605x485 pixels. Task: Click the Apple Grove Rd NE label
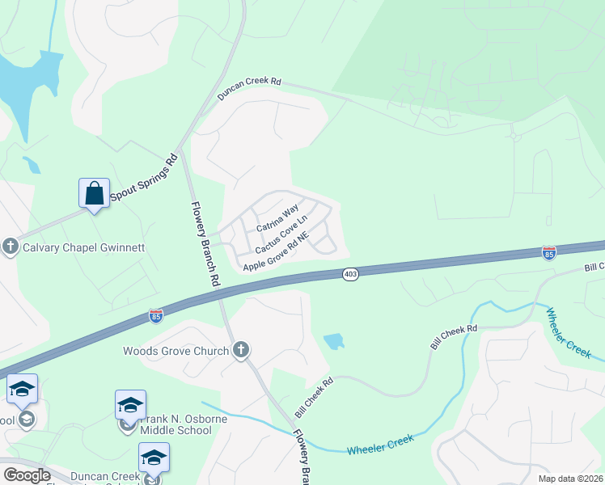277,251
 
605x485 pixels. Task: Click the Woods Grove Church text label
176,351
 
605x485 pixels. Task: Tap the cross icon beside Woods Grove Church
240,350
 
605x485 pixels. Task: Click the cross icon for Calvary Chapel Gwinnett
11,247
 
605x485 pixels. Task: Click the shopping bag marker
95,194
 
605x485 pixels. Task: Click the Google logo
27,475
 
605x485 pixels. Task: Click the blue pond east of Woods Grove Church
333,342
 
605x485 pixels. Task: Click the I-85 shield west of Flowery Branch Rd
156,314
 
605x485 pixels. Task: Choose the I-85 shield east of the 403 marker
549,253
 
